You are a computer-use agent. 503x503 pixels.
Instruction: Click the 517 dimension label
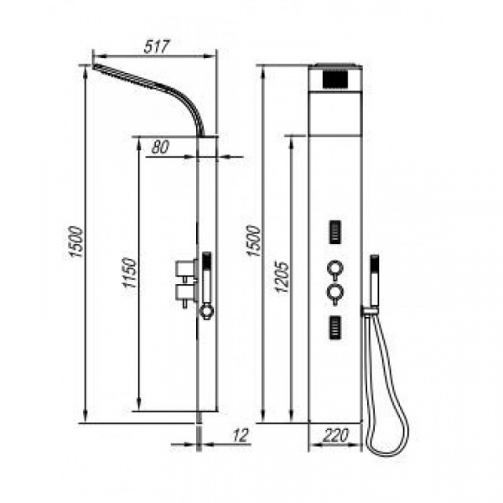(157, 47)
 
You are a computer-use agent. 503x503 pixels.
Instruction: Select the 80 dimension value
(160, 148)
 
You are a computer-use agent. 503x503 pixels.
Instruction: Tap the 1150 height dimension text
(131, 272)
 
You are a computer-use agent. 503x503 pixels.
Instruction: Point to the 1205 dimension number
(282, 277)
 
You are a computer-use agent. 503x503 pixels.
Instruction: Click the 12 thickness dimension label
(241, 435)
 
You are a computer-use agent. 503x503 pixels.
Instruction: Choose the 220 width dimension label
(335, 435)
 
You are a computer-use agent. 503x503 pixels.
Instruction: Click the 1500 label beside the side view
(76, 241)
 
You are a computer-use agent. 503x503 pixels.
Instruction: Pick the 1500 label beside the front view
(253, 241)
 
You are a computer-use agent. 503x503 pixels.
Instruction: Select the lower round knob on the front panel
(335, 293)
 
